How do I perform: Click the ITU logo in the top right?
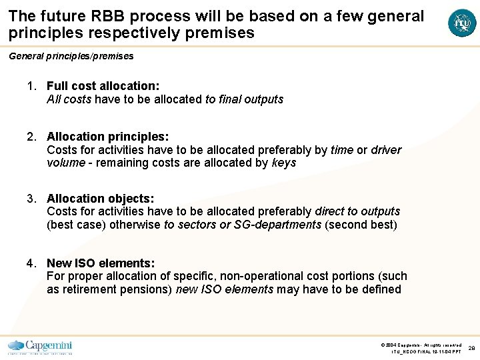pyautogui.click(x=462, y=23)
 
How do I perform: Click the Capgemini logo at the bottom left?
pyautogui.click(x=40, y=347)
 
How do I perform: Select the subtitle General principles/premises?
pyautogui.click(x=71, y=56)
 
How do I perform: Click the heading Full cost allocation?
pyautogui.click(x=103, y=86)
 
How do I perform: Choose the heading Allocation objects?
pyautogui.click(x=100, y=199)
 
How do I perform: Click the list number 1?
pyautogui.click(x=31, y=86)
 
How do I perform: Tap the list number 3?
pyautogui.click(x=31, y=199)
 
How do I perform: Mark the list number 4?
pyautogui.click(x=31, y=263)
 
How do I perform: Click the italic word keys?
pyautogui.click(x=284, y=163)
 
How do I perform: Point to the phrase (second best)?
pyautogui.click(x=361, y=225)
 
